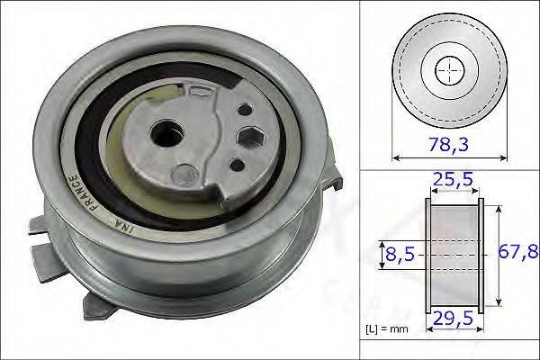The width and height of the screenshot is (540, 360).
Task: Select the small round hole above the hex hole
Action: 240,109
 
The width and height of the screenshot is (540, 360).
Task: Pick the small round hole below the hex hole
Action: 235,164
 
